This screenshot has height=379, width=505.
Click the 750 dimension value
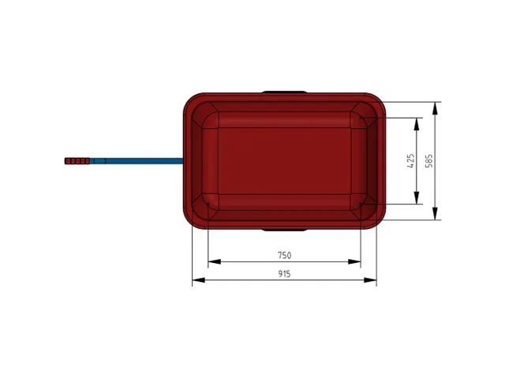pyautogui.click(x=284, y=255)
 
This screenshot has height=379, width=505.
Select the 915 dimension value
pyautogui.click(x=284, y=274)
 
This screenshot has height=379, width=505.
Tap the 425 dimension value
pyautogui.click(x=410, y=160)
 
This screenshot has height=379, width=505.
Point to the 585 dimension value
pyautogui.click(x=429, y=160)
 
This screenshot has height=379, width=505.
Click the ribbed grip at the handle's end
pyautogui.click(x=77, y=161)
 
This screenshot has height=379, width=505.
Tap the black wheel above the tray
pyautogui.click(x=284, y=92)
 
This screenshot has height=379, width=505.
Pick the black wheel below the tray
pyautogui.click(x=284, y=230)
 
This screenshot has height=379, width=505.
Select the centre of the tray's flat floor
pyautogui.click(x=284, y=160)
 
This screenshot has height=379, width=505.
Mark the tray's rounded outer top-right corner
pyautogui.click(x=377, y=101)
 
